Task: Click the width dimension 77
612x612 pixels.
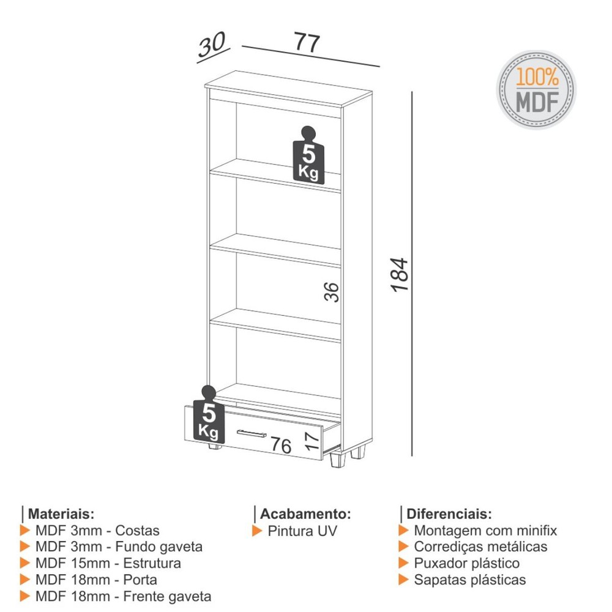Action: click(x=307, y=42)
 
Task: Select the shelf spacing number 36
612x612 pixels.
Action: click(x=331, y=292)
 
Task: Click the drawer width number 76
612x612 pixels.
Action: click(x=281, y=445)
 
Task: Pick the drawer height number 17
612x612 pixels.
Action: click(x=312, y=441)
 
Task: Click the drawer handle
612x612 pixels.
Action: click(x=252, y=433)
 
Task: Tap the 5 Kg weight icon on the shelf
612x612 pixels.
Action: click(x=308, y=155)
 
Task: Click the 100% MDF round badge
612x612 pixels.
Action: click(x=536, y=89)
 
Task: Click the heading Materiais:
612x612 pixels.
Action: click(x=61, y=513)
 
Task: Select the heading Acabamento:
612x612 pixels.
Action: click(x=305, y=513)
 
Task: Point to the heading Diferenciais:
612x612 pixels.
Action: click(x=449, y=513)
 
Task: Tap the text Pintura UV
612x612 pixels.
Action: click(x=302, y=531)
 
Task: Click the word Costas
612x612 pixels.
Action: click(x=137, y=531)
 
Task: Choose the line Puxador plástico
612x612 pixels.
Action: click(x=467, y=563)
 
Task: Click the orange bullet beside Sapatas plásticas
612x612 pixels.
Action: click(x=403, y=580)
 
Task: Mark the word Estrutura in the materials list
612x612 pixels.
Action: click(x=152, y=563)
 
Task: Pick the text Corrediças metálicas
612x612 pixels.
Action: click(x=480, y=547)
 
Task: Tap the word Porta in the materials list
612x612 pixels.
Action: click(x=140, y=580)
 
